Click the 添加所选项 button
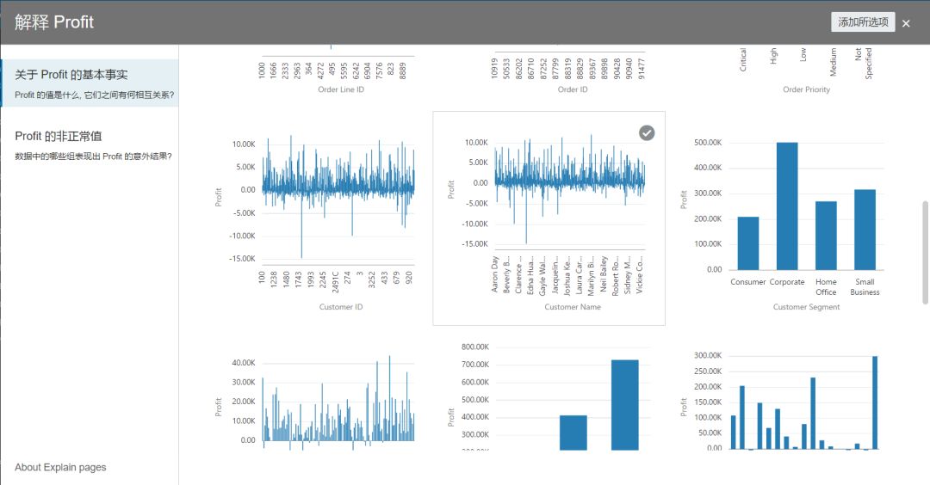tap(863, 22)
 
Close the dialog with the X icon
tap(906, 23)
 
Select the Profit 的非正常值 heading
tap(59, 136)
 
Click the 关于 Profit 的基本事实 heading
tap(71, 75)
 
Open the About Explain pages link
tap(60, 467)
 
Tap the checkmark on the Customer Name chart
tap(647, 132)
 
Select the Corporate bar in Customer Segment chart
tap(787, 206)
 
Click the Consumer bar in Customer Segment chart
tap(748, 243)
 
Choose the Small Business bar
tap(865, 230)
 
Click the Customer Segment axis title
tap(806, 307)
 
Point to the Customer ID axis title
tap(341, 307)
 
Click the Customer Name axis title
tap(573, 307)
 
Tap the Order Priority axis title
tap(806, 89)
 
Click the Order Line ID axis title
tap(341, 89)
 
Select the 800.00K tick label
tap(475, 347)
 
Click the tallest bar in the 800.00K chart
tap(625, 404)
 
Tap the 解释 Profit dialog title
tap(54, 22)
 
